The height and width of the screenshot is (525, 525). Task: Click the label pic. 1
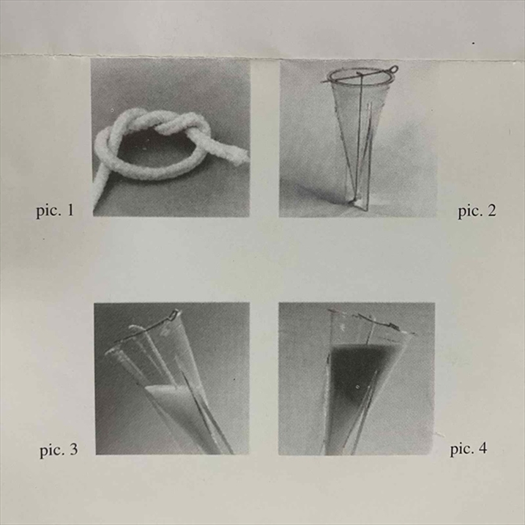coord(55,212)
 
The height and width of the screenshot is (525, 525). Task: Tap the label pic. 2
coord(477,212)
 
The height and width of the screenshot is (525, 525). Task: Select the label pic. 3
coord(59,450)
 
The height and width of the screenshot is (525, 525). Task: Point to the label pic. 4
coord(469,449)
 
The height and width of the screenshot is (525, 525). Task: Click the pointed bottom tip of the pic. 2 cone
coord(353,202)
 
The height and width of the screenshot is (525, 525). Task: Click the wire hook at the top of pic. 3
coord(174,315)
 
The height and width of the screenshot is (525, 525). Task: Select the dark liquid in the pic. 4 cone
coord(358,372)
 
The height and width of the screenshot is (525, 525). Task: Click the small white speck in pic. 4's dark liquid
coord(357,387)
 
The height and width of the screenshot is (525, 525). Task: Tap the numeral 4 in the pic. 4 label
coord(483,448)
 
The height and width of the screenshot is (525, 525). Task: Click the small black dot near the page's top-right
coord(473,43)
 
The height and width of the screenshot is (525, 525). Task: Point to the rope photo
coord(171,138)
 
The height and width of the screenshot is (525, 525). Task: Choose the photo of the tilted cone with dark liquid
coord(357,379)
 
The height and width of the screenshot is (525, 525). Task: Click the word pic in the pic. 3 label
coord(51,451)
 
